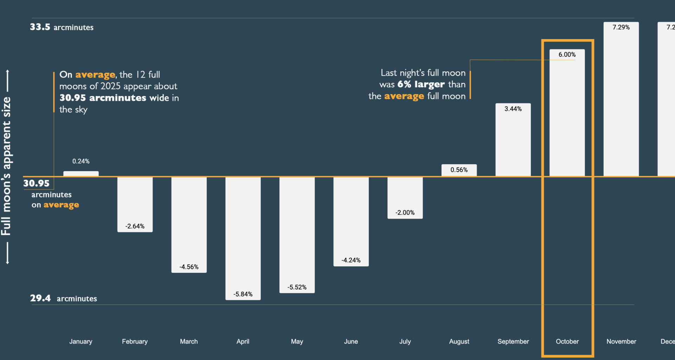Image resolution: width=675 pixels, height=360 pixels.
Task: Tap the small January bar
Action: point(81,174)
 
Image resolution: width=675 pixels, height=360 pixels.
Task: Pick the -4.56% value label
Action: point(189,267)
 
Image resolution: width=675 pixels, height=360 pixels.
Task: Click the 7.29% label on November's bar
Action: point(621,27)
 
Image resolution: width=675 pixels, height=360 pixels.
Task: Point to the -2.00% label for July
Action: point(405,213)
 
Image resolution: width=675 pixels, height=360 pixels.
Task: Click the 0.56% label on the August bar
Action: point(459,170)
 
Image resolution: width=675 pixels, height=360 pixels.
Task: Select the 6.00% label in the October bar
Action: point(567,54)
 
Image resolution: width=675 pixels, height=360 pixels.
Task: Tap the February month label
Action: point(135,341)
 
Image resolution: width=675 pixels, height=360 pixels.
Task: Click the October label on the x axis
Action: point(567,341)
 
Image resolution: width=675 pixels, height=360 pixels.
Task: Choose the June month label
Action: point(351,341)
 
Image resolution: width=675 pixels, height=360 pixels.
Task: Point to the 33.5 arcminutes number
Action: point(40,27)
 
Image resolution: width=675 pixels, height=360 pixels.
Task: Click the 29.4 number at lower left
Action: point(40,298)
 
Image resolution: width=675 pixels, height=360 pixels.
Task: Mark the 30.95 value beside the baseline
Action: point(37,184)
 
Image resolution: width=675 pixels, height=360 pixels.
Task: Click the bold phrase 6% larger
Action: point(421,84)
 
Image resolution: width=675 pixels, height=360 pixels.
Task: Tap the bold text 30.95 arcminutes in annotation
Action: point(103,98)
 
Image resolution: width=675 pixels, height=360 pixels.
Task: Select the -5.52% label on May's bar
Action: point(297,287)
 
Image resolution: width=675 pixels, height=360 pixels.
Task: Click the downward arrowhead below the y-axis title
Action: point(7,262)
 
